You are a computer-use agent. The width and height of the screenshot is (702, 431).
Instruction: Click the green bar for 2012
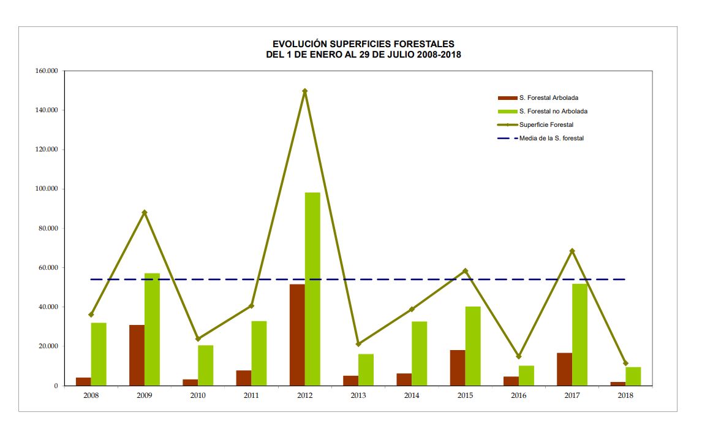tap(312, 289)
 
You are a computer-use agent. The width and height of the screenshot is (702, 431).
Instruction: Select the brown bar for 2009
tap(137, 355)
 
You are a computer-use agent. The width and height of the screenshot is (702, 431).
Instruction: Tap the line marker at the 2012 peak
tap(304, 91)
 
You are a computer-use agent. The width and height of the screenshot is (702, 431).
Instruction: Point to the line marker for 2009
tap(145, 213)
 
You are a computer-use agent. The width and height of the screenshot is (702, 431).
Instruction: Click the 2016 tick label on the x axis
tap(518, 395)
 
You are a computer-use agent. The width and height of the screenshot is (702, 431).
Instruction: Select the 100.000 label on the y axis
tap(47, 189)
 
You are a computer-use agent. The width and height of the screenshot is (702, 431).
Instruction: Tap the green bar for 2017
tap(579, 334)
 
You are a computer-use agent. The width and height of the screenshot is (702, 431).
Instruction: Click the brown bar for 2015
tap(458, 367)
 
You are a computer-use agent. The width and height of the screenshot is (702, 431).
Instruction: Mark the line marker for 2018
tap(625, 364)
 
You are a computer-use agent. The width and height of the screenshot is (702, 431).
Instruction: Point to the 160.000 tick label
tap(47, 71)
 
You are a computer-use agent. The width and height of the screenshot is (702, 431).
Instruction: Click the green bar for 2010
tap(206, 365)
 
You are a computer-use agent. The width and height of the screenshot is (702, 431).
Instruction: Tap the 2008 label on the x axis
tap(91, 395)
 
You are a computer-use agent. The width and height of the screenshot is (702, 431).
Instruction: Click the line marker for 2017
tap(572, 251)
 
